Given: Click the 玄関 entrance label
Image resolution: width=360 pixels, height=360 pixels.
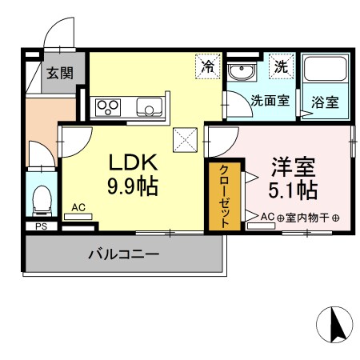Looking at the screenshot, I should click(x=59, y=74).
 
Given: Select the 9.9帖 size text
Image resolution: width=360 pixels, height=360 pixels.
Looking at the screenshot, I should click(x=134, y=187).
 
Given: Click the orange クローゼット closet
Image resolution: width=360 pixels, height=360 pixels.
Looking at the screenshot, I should click(x=224, y=197).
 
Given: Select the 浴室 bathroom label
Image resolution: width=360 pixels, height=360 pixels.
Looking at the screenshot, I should click(x=324, y=102).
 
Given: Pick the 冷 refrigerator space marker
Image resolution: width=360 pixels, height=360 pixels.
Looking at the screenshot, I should click(x=208, y=66).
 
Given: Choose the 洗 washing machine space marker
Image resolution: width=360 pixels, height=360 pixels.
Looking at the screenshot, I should click(x=281, y=66).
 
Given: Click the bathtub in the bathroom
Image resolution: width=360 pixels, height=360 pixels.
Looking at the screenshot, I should click(x=325, y=75).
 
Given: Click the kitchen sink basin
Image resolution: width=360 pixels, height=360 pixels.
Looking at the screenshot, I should click(x=148, y=106).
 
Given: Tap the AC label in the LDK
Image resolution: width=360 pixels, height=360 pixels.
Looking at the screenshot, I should click(x=78, y=207).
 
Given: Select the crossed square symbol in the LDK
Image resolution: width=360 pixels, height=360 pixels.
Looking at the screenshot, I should click(x=186, y=139).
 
